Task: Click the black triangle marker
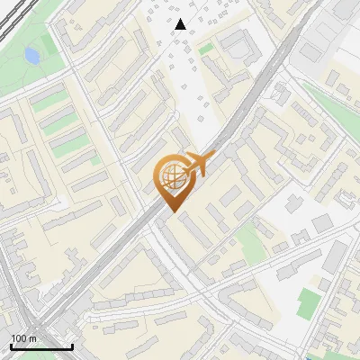click(181, 24)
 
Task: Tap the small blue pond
click(32, 56)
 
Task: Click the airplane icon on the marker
click(196, 165)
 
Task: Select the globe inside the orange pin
click(169, 176)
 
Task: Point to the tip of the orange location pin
click(172, 212)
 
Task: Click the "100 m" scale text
click(24, 338)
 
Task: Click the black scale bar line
click(41, 346)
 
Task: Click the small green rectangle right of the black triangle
click(206, 48)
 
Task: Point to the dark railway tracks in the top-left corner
click(9, 18)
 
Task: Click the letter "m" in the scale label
click(33, 338)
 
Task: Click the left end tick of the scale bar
click(11, 346)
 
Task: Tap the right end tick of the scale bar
click(72, 346)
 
